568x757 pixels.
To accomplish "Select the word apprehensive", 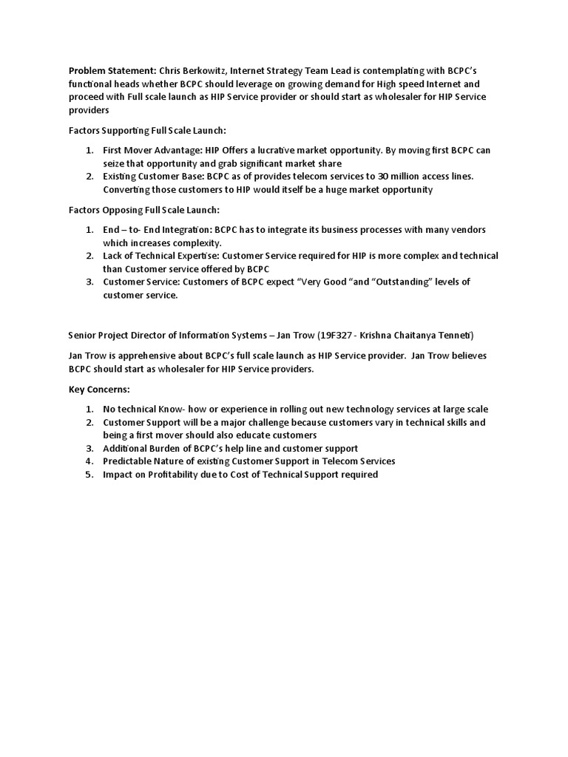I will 145,356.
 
